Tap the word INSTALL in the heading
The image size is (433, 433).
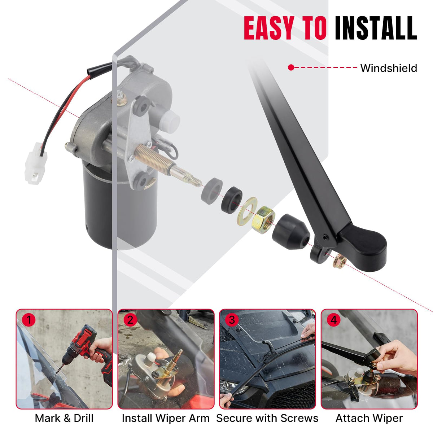pos(376,29)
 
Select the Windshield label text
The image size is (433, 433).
pos(389,68)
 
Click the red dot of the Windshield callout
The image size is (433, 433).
pos(291,67)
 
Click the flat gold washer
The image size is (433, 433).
pos(248,211)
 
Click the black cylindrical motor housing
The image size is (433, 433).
pos(99,207)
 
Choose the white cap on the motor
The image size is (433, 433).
pos(170,122)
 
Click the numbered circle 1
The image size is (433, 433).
pos(29,320)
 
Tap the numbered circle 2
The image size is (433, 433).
pos(130,320)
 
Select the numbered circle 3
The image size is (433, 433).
pos(232,320)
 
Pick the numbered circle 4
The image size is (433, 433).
pos(333,320)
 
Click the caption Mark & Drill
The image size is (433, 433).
pos(64,418)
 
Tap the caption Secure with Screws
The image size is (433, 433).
pos(267,418)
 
